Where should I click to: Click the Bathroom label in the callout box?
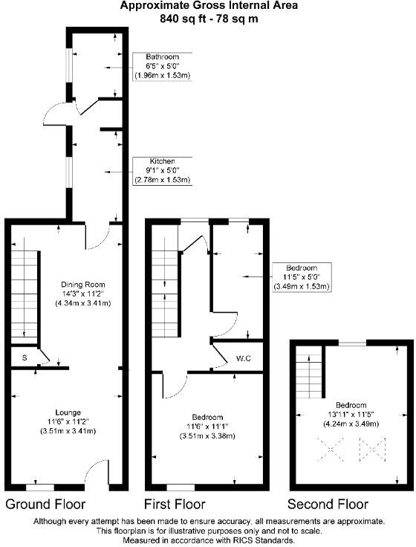point(162,56)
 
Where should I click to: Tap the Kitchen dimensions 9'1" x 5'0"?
point(162,171)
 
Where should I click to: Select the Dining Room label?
point(83,285)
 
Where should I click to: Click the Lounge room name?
point(68,412)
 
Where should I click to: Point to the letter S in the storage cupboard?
point(25,357)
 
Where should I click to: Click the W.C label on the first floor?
point(244,358)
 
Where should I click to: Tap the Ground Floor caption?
point(45,504)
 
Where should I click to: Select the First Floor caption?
point(175,504)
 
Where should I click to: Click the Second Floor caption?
point(328,504)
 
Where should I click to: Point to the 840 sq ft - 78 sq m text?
point(209,18)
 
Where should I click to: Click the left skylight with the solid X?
point(331,450)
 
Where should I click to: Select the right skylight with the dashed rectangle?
point(372,450)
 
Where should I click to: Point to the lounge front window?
point(40,488)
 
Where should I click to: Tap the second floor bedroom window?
point(352,343)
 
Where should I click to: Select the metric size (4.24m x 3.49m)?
point(351,424)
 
